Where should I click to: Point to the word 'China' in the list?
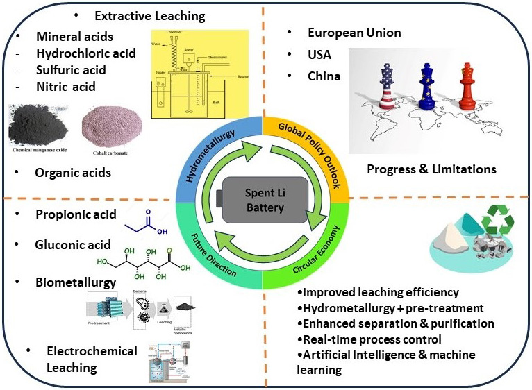(324, 76)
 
